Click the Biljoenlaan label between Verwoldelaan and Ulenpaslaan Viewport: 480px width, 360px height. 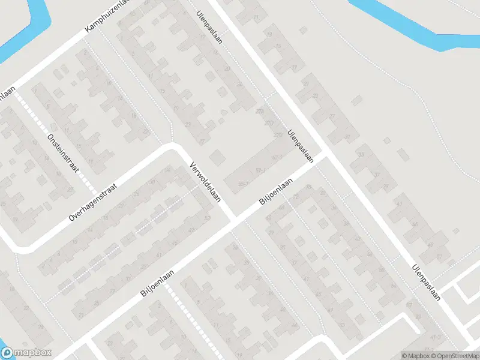coord(276,192)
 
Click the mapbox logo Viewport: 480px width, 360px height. coord(26,353)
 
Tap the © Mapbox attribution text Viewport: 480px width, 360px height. coord(416,355)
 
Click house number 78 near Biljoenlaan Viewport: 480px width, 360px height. coord(308,188)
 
